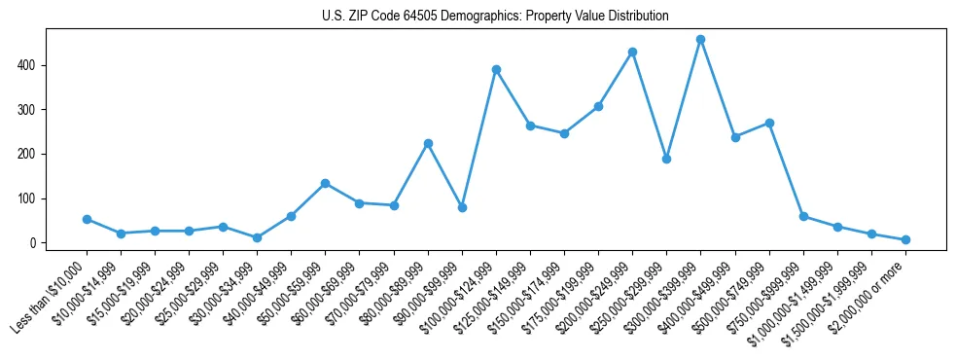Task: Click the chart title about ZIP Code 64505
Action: click(495, 16)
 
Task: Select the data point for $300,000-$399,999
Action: click(700, 40)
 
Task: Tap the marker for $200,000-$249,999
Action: click(632, 52)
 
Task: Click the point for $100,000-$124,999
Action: click(496, 69)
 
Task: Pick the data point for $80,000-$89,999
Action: click(428, 143)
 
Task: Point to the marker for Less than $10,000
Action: click(87, 219)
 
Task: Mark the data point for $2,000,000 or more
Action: click(905, 239)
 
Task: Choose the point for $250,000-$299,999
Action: click(666, 159)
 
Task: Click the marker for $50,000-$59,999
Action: click(325, 183)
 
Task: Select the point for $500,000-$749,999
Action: click(769, 123)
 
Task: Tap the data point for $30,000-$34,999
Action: click(257, 237)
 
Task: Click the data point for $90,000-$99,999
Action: click(462, 207)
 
